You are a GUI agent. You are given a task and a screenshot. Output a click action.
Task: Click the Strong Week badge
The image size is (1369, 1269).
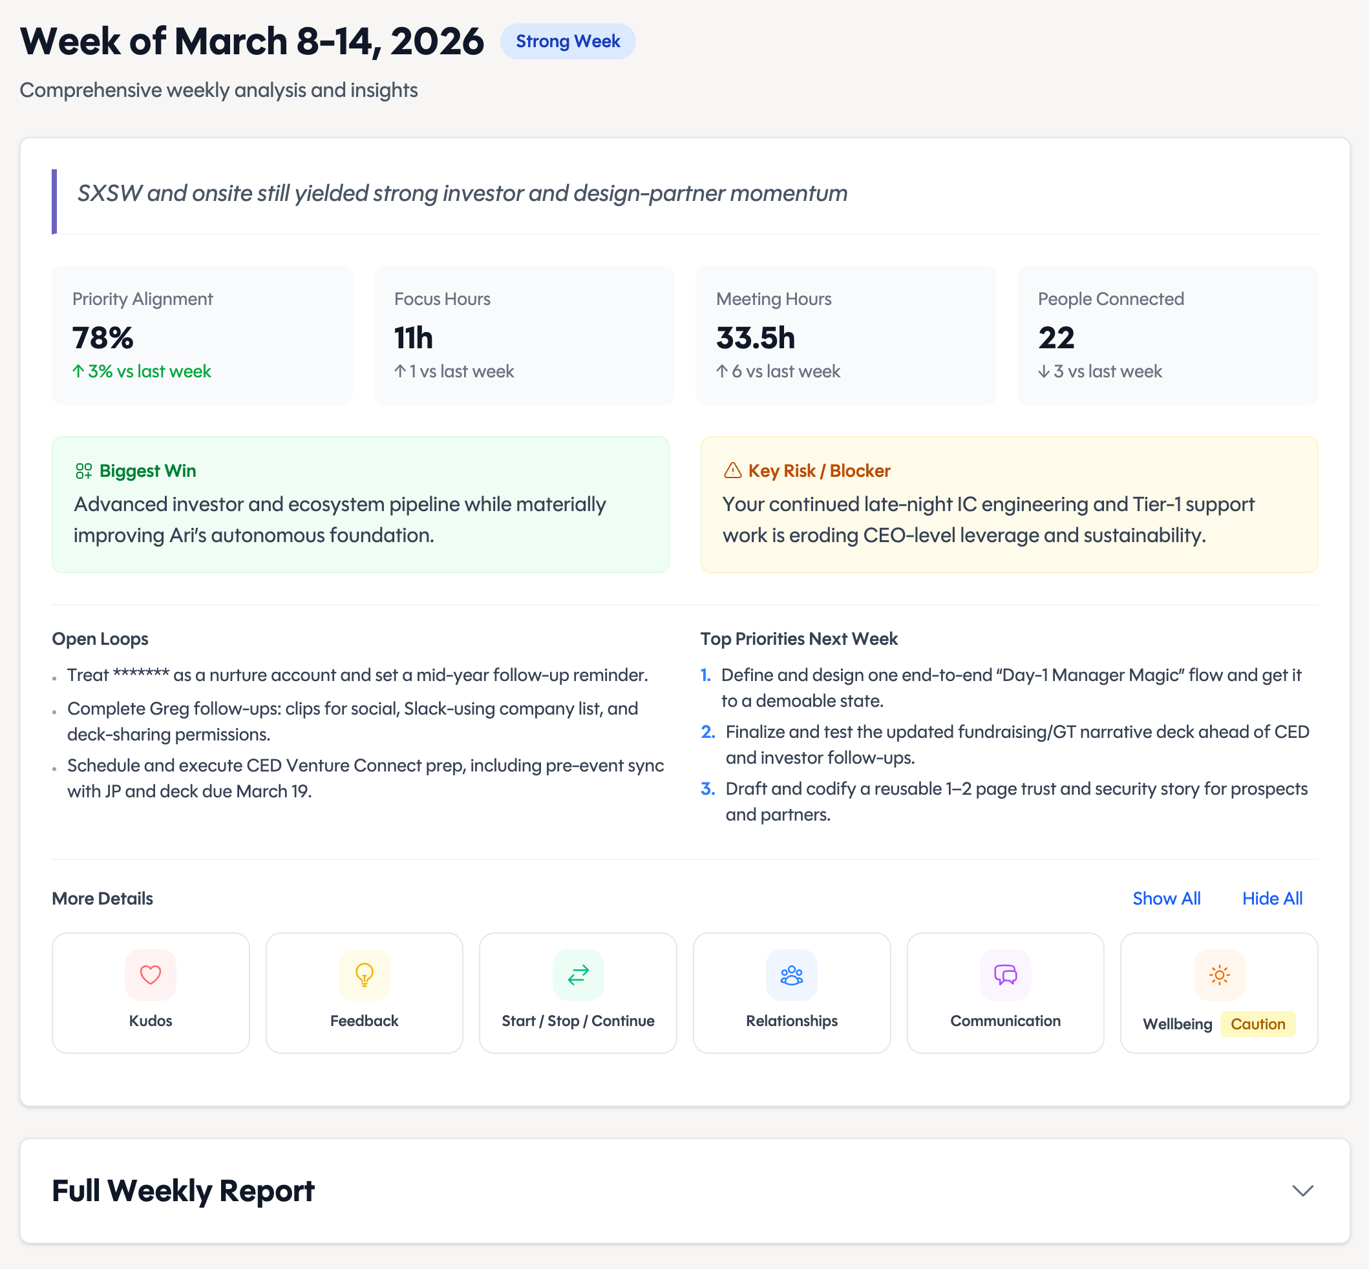(x=568, y=41)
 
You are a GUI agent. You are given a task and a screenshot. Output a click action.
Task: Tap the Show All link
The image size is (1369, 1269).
(x=1165, y=898)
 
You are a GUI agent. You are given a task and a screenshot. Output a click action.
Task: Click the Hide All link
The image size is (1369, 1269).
(x=1271, y=898)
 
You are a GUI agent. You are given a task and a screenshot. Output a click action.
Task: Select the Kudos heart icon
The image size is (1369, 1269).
(x=151, y=974)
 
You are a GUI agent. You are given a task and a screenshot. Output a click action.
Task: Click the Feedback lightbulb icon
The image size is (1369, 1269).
(x=364, y=974)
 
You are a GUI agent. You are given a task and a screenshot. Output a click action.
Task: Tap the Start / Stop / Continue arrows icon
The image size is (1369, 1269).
(x=578, y=974)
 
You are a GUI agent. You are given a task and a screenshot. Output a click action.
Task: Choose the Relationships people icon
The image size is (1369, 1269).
(x=791, y=974)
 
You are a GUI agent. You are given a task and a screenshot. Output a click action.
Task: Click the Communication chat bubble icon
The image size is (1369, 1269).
(x=1005, y=974)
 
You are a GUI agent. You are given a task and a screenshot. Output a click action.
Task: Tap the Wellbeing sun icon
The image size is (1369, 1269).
(x=1218, y=974)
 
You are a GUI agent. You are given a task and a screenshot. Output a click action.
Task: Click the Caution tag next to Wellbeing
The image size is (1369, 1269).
(x=1257, y=1024)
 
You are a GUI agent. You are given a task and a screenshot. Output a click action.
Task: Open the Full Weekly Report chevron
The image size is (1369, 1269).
(x=1302, y=1190)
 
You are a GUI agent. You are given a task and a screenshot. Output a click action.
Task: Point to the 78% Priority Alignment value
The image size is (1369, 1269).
(x=103, y=338)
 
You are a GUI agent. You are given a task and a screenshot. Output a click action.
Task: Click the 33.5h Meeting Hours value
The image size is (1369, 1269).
(x=756, y=338)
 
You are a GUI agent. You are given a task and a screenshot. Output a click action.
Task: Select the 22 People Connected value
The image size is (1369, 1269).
(x=1056, y=338)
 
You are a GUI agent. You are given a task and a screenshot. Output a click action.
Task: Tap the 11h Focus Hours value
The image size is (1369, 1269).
(x=414, y=338)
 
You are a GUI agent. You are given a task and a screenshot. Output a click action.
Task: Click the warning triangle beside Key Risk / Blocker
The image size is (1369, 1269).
(x=732, y=470)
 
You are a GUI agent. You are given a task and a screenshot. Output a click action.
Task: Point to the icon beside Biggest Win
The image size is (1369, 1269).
(x=84, y=470)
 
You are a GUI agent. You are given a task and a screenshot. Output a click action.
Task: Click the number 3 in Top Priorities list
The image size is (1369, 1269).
(x=708, y=789)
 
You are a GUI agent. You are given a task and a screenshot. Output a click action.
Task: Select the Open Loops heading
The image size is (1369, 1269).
(x=100, y=638)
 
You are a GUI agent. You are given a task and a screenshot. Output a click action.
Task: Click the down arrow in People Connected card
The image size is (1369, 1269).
(x=1043, y=372)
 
